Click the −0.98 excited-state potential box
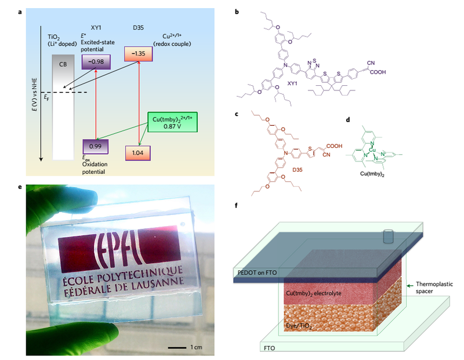[96, 61]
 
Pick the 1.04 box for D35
[138, 152]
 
